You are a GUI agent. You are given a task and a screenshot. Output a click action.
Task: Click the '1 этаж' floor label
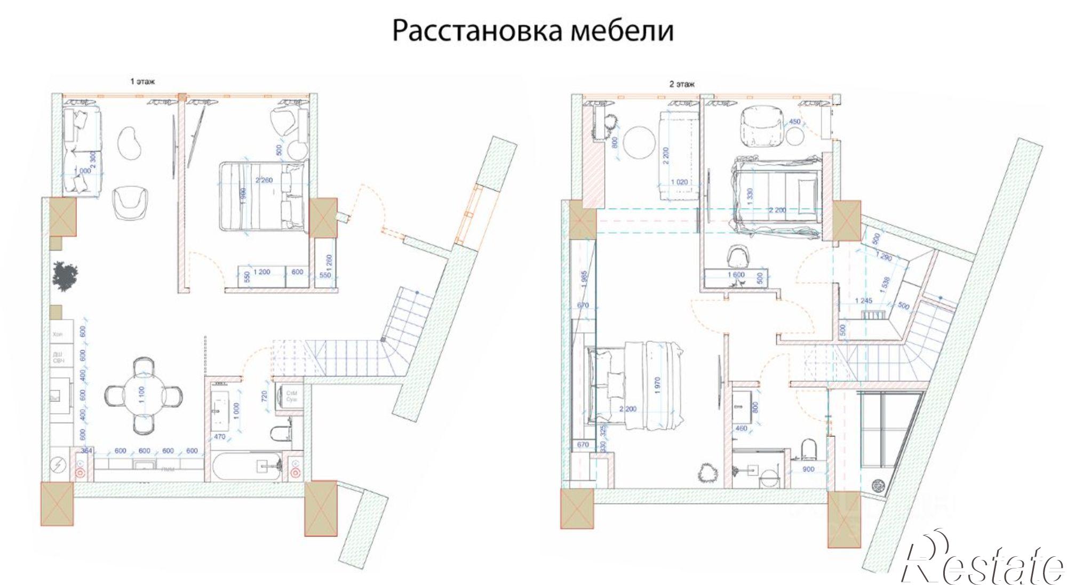click(142, 82)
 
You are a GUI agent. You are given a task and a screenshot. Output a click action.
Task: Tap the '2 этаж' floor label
click(682, 84)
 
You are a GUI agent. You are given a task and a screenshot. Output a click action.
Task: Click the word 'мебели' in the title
click(622, 30)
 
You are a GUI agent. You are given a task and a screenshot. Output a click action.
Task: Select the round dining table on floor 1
click(143, 395)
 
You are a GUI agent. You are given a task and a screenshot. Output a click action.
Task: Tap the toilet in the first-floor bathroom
click(281, 434)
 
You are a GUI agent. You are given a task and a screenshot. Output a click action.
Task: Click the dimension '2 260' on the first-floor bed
click(264, 180)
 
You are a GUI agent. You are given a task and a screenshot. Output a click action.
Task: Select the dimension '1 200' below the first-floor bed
click(261, 272)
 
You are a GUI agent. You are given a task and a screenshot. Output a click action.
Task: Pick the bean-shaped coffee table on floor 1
click(130, 142)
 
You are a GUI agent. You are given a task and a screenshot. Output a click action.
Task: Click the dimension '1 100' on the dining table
click(142, 395)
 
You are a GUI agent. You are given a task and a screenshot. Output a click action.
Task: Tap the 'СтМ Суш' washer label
click(292, 396)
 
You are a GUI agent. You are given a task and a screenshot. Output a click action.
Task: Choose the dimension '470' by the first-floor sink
click(220, 437)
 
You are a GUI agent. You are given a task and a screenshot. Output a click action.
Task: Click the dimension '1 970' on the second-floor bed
click(657, 385)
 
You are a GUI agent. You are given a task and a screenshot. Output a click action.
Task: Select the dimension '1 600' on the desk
click(736, 275)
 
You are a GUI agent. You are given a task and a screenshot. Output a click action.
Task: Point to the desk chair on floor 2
click(738, 255)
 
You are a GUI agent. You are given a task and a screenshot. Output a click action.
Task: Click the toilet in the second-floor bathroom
click(809, 449)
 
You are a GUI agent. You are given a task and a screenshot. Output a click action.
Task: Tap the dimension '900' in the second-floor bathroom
click(808, 469)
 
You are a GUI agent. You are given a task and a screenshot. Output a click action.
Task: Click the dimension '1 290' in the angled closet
click(884, 257)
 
